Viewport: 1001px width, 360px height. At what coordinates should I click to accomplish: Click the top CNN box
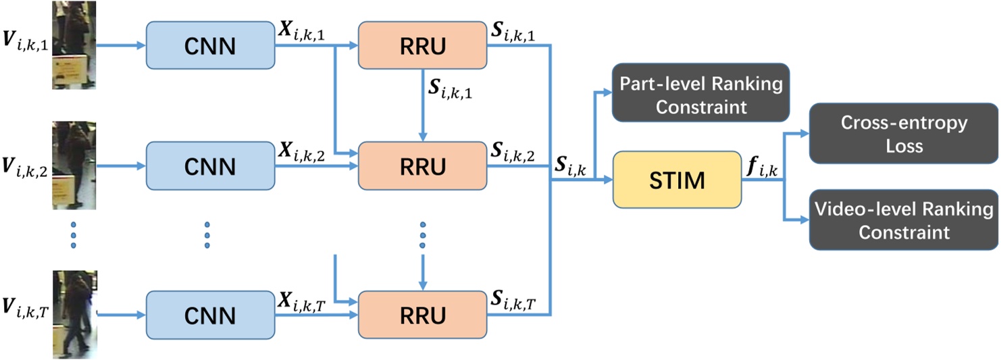(x=209, y=46)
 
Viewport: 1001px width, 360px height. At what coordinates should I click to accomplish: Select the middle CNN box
(x=209, y=165)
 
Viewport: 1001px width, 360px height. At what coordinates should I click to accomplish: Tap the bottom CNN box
(x=209, y=315)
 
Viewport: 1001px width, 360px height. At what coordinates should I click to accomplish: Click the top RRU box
(x=422, y=46)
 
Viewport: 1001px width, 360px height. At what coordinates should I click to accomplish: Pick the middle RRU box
(x=422, y=165)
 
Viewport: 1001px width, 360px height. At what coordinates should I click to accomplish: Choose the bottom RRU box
(x=422, y=315)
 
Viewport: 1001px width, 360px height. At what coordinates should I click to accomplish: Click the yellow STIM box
(x=676, y=180)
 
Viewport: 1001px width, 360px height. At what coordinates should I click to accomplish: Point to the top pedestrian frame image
(x=74, y=45)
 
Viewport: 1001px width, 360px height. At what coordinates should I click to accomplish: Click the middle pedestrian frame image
(x=74, y=165)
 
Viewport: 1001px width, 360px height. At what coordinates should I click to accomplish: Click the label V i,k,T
(x=24, y=311)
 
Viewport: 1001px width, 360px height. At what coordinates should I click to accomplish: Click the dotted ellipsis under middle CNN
(x=207, y=234)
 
